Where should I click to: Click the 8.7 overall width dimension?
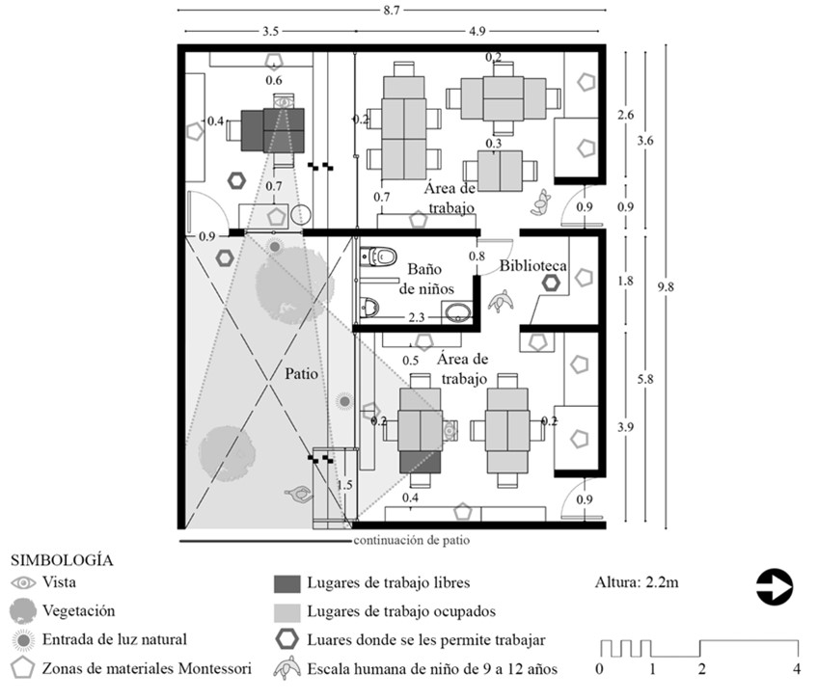coord(391,10)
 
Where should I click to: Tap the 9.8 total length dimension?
coord(666,286)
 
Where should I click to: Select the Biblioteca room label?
coord(532,265)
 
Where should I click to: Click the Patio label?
coord(302,373)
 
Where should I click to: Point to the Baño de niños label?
coord(426,279)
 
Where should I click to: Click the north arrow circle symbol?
coord(775,586)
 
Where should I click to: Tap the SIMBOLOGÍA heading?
coord(62,559)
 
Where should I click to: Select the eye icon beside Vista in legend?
coord(23,582)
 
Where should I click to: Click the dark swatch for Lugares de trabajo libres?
coord(286,583)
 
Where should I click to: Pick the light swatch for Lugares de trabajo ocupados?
coord(286,613)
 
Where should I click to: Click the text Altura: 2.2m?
coord(637,582)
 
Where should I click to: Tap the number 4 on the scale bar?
coord(796,668)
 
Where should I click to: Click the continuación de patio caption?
coord(412,540)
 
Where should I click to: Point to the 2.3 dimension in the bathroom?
coord(417,316)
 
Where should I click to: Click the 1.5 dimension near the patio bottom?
coord(344,485)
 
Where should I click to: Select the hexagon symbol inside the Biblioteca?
coord(551,283)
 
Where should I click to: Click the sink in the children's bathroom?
coord(456,313)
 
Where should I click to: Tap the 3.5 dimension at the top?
coord(270,31)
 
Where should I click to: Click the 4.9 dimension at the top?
coord(477,31)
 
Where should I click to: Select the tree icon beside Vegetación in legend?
coord(23,610)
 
